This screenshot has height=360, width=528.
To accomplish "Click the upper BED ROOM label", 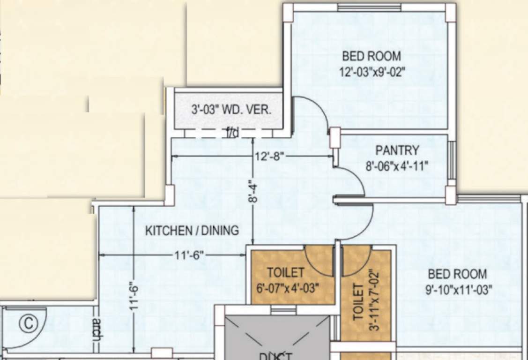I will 372,57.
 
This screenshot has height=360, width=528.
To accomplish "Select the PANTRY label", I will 397,150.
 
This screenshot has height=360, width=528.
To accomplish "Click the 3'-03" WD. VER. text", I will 231,111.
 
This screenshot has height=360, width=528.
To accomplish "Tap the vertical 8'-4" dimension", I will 253,192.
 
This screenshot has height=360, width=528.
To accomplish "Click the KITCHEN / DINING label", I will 192,231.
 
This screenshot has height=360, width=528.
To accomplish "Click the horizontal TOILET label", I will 285,272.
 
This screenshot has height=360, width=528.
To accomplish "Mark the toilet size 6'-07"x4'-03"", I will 288,287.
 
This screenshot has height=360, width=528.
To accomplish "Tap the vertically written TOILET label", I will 358,302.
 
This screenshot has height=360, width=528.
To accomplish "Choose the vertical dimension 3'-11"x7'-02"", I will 373,300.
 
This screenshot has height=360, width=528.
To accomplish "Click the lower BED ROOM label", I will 457,274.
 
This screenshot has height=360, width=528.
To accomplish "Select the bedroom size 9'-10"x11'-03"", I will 459,290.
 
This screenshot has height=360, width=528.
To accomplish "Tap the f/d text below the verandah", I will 232,134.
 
